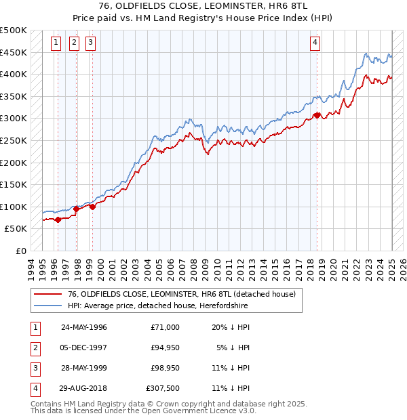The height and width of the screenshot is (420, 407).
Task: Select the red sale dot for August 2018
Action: click(317, 115)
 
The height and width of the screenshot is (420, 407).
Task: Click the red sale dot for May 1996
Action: click(58, 219)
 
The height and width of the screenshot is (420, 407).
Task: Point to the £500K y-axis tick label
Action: click(14, 30)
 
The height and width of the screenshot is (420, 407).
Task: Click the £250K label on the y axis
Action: click(14, 140)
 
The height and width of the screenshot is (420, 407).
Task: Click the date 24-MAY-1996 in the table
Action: click(84, 327)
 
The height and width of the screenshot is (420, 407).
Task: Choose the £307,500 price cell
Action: click(163, 389)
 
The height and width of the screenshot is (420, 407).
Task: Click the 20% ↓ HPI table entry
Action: click(230, 327)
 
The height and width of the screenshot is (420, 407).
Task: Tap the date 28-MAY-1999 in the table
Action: click(84, 369)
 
